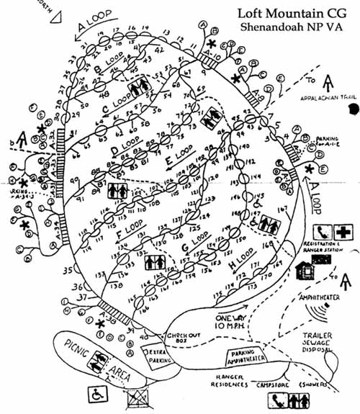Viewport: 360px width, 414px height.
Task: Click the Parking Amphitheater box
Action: (250, 356)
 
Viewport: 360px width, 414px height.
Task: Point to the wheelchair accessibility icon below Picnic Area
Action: (96, 395)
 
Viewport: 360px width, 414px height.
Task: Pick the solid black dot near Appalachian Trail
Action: (353, 109)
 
